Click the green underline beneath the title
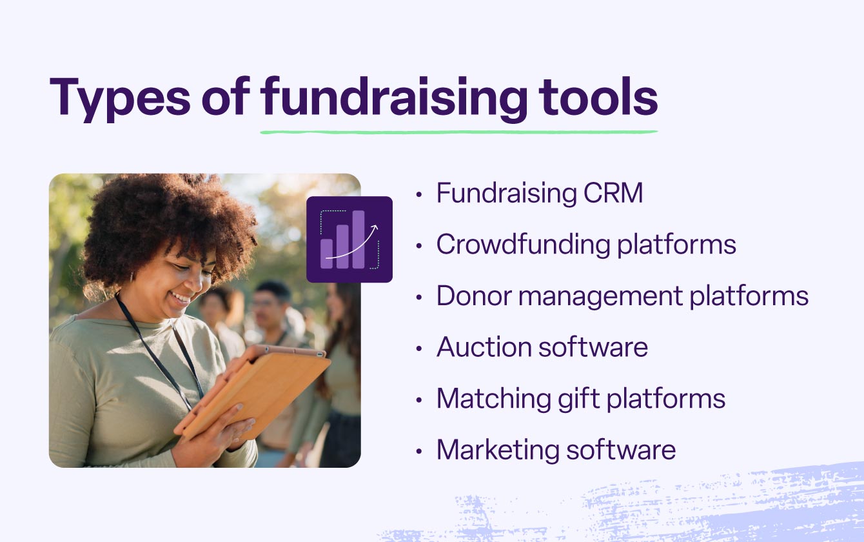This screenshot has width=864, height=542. click(x=458, y=132)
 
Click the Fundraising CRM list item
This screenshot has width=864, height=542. click(x=540, y=193)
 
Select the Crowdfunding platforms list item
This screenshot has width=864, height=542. click(x=586, y=245)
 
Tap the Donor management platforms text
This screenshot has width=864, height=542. click(x=622, y=296)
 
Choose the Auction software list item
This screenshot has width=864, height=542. click(x=542, y=347)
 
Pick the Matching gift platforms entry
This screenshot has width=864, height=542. click(x=581, y=398)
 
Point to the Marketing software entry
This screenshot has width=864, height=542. click(x=556, y=450)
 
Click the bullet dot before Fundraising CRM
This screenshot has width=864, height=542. click(x=420, y=194)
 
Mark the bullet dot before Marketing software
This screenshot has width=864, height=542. click(x=420, y=451)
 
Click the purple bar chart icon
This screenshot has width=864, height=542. click(x=349, y=239)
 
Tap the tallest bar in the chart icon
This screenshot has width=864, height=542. click(x=358, y=239)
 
